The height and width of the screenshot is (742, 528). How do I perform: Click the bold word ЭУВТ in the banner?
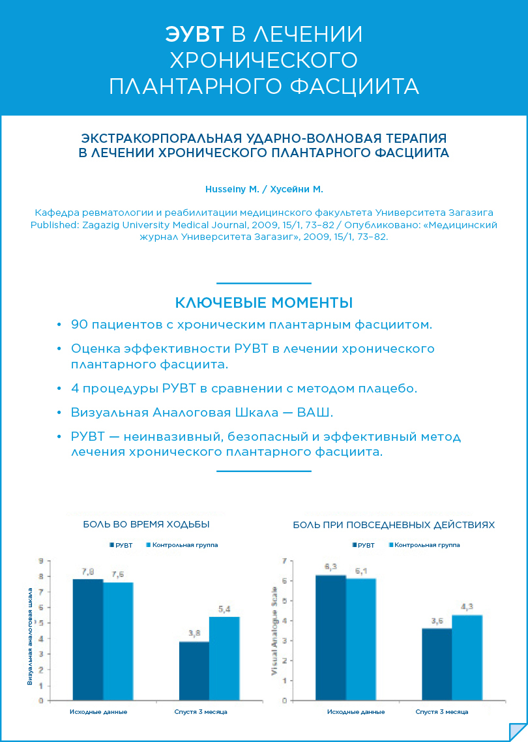(195, 35)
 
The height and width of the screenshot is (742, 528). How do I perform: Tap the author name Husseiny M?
(231, 189)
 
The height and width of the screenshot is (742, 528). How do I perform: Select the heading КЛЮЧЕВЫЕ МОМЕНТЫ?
(264, 303)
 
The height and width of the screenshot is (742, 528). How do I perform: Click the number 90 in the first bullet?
(80, 324)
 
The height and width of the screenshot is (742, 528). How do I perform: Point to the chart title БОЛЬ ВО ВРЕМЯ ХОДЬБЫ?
(146, 524)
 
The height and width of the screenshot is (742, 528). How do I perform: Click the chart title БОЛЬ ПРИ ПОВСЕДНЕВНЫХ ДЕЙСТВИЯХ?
(394, 524)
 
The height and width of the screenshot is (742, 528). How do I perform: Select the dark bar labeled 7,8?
(87, 639)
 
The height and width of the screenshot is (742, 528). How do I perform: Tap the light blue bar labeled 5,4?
(224, 659)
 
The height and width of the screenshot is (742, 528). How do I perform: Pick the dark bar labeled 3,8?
(194, 671)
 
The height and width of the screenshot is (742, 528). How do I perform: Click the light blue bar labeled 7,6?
(118, 641)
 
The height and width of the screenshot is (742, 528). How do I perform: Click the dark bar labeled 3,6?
(437, 664)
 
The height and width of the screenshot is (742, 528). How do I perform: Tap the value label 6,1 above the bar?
(361, 571)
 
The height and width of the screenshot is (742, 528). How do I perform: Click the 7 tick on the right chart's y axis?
(284, 561)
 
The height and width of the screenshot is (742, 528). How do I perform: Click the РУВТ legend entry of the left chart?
(123, 544)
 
